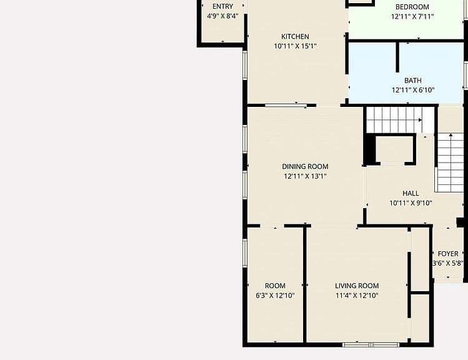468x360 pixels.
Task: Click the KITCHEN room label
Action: point(295,36)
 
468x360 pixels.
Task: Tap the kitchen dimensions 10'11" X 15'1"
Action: point(295,46)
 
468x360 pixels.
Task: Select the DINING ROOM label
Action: point(305,167)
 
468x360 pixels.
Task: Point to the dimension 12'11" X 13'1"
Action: point(305,176)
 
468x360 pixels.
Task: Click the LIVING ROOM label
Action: point(357,286)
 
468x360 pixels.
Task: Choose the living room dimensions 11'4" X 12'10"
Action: point(357,296)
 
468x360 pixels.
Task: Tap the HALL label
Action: point(411,193)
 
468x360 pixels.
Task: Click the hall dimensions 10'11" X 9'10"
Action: point(411,203)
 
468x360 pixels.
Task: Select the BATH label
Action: point(413,81)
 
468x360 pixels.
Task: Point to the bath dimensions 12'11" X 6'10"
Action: point(413,90)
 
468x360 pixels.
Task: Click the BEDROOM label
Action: point(412,7)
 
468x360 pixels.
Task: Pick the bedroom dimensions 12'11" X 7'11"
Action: point(412,16)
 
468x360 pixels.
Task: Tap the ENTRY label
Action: point(222,6)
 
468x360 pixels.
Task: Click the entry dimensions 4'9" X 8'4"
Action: point(222,16)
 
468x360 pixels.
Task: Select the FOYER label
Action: point(448,254)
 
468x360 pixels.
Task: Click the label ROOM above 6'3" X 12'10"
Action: point(275,286)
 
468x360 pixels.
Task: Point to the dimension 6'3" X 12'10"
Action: point(275,296)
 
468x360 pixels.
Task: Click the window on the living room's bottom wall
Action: point(371,345)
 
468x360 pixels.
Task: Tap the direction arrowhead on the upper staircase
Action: point(421,120)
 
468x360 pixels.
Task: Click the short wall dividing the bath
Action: point(397,57)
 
